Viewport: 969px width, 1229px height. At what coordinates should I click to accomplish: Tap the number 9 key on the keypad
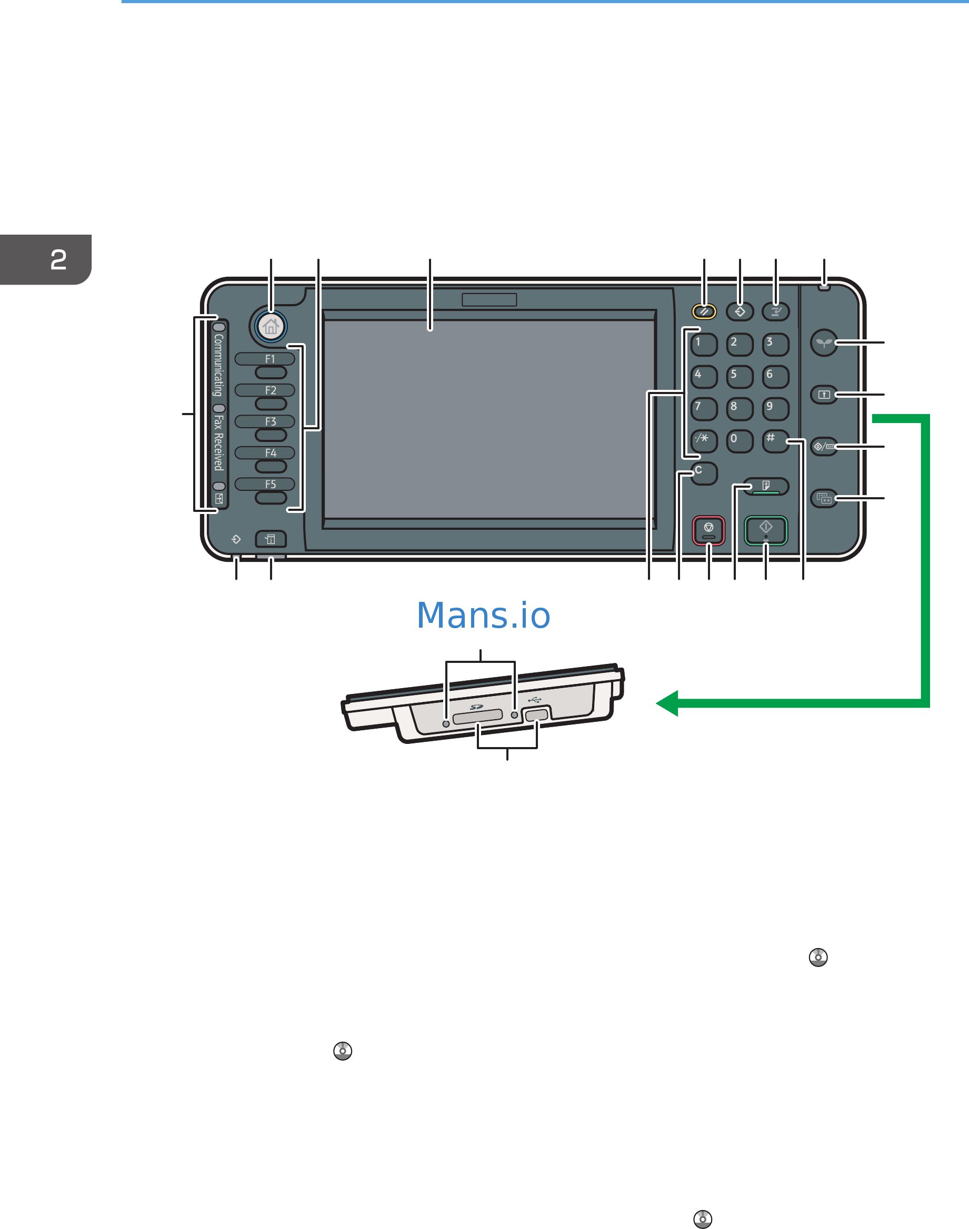(775, 408)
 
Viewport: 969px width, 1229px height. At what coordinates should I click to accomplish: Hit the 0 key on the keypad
(739, 441)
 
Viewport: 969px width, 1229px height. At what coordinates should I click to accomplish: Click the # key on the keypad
(775, 441)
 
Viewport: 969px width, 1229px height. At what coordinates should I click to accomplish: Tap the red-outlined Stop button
(708, 530)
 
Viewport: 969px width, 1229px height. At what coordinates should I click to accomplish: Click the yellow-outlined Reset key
(704, 311)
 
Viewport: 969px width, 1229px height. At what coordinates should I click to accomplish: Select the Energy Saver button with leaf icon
(824, 342)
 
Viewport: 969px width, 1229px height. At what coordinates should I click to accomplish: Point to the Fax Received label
(218, 442)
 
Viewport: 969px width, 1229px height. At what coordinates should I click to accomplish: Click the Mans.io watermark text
(483, 616)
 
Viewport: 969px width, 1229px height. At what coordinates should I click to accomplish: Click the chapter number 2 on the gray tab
(58, 260)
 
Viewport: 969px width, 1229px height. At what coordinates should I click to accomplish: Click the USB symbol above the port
(534, 700)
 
